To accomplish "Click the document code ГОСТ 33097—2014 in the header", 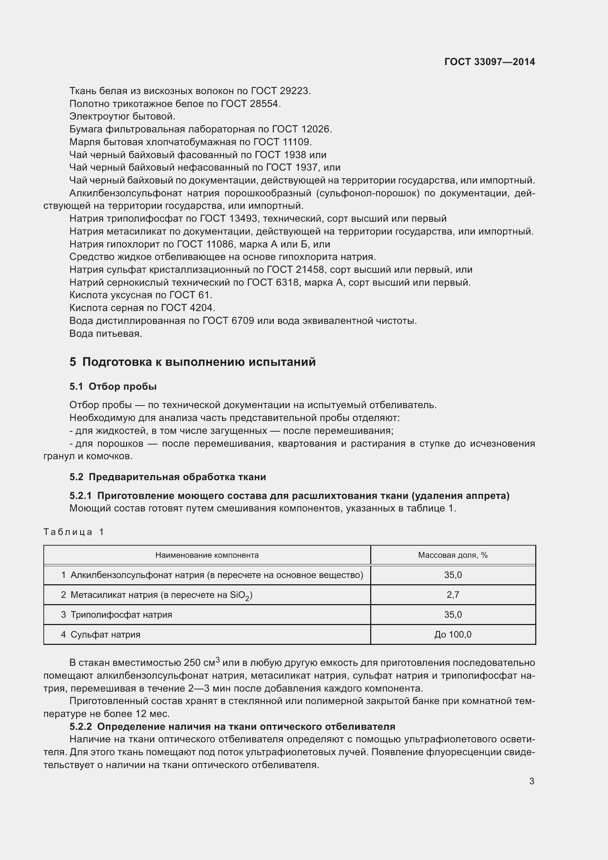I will pyautogui.click(x=489, y=62).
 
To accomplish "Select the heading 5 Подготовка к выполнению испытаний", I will pyautogui.click(x=192, y=362).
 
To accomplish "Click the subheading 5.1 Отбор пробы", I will pyautogui.click(x=113, y=386).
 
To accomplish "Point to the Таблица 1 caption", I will pyautogui.click(x=74, y=532).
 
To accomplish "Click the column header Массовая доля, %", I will pyautogui.click(x=453, y=555).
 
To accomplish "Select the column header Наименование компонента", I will pyautogui.click(x=207, y=555).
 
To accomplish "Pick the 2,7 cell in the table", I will pyautogui.click(x=453, y=595).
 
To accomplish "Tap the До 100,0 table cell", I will pyautogui.click(x=453, y=635).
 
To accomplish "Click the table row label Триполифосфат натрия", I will pyautogui.click(x=121, y=615).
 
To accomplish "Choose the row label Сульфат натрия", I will pyautogui.click(x=105, y=635).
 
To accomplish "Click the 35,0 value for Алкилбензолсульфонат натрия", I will pyautogui.click(x=453, y=575).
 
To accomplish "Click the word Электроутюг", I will pyautogui.click(x=100, y=117).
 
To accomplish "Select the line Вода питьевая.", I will pyautogui.click(x=105, y=333).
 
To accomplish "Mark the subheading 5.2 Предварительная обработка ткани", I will pyautogui.click(x=168, y=477).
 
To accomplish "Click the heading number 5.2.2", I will pyautogui.click(x=81, y=727).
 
